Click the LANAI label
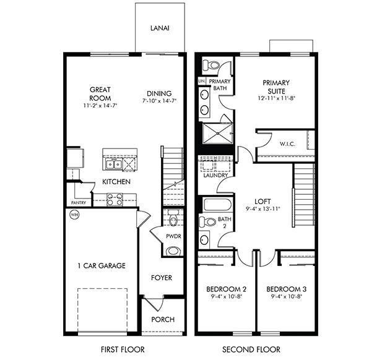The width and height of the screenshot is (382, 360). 160,28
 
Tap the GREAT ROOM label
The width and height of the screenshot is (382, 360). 100,93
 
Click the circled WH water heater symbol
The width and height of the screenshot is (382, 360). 74,215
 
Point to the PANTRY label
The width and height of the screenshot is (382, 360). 79,202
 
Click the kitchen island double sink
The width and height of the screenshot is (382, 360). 113,163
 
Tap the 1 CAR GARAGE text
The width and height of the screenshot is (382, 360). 102,266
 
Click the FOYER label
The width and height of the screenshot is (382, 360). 162,278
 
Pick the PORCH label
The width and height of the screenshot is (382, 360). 163,319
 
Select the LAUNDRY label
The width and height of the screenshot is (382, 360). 214,175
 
